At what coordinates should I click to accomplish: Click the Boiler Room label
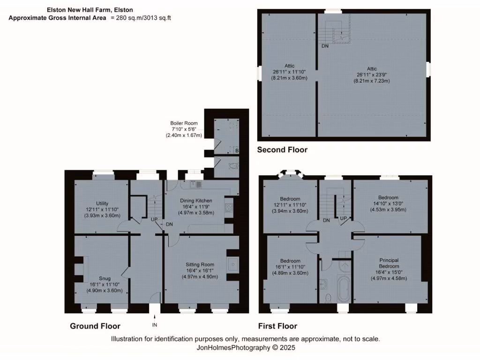click(184, 123)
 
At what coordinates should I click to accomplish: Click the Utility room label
click(102, 203)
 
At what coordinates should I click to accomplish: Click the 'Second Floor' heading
click(282, 150)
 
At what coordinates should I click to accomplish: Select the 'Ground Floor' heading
click(95, 326)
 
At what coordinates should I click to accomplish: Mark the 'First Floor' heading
click(277, 326)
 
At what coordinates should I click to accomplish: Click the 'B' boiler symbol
click(237, 150)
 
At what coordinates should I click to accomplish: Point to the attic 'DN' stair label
click(325, 46)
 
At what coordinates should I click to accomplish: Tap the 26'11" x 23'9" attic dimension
click(371, 75)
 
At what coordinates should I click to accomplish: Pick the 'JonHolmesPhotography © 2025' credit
click(246, 348)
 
